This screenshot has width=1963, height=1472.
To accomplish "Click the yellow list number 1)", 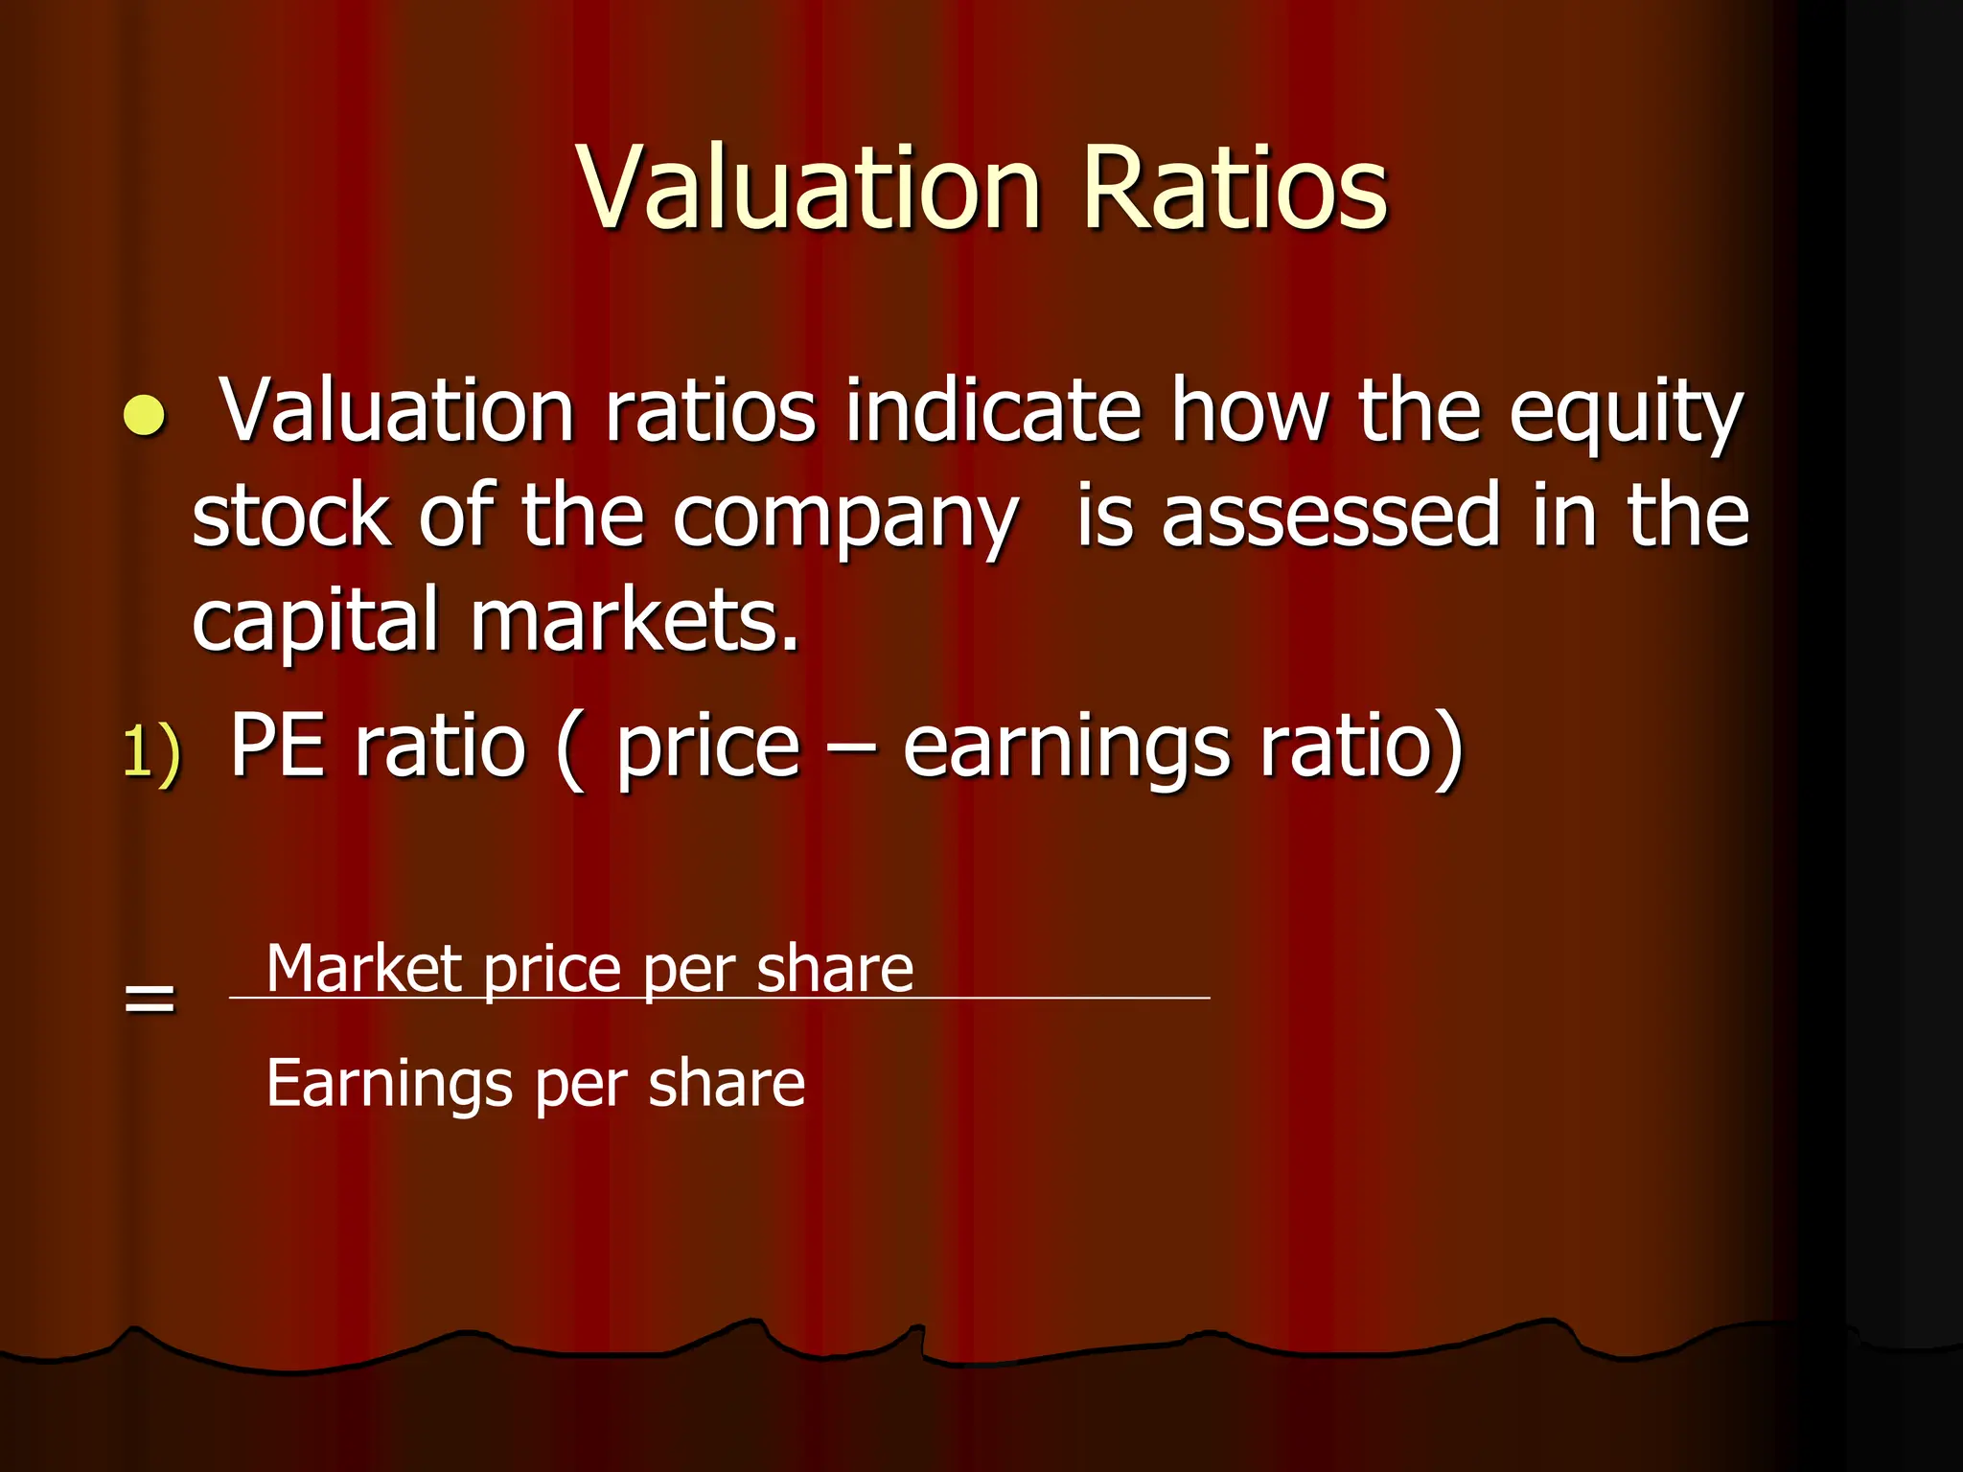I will coord(151,750).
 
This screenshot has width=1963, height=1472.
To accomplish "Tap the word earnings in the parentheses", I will coord(1066,750).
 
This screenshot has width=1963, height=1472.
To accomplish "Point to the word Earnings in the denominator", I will coord(389,1084).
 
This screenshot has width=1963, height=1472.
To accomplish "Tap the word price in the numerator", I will coord(552,970).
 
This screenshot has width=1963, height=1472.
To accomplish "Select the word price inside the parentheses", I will coord(707,750).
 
